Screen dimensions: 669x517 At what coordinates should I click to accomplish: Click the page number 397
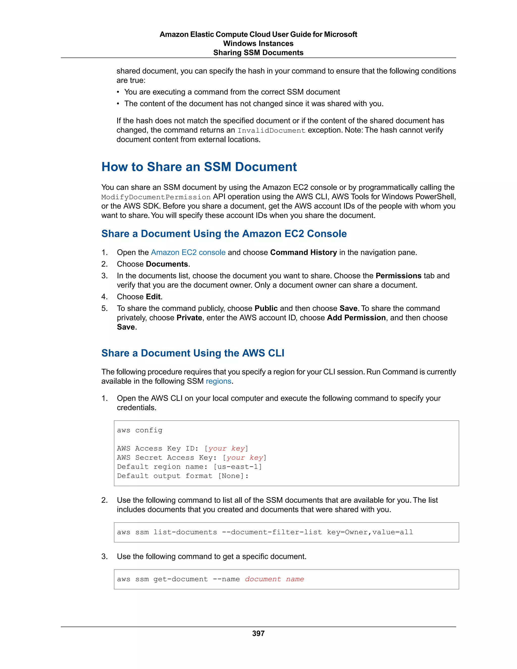(x=258, y=633)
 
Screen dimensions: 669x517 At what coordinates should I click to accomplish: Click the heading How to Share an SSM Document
(x=199, y=167)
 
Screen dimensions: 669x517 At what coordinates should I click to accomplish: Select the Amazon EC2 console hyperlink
(x=188, y=252)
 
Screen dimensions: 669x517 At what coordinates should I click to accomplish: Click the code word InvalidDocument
(x=271, y=131)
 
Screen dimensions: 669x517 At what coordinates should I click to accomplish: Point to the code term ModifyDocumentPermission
(x=156, y=197)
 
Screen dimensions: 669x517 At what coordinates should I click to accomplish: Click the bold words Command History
(x=303, y=252)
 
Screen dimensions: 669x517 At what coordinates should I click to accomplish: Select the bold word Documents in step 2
(x=167, y=264)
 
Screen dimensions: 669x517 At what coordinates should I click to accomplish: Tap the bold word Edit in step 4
(x=153, y=297)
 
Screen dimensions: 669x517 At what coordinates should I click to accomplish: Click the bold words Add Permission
(x=356, y=318)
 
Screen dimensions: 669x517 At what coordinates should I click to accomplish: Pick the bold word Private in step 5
(x=189, y=318)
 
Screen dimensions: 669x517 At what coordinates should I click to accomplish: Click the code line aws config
(x=140, y=430)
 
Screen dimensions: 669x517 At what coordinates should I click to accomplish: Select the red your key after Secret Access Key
(x=245, y=458)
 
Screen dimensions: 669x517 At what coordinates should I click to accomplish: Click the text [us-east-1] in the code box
(x=238, y=467)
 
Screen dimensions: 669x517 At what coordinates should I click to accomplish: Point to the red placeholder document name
(x=274, y=579)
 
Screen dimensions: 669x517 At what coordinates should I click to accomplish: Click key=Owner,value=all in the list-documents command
(x=370, y=532)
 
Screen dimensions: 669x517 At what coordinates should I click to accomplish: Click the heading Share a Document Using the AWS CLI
(x=193, y=353)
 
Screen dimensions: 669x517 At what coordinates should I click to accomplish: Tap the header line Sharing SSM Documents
(x=258, y=53)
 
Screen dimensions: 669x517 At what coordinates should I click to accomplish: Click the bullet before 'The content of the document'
(x=118, y=104)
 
